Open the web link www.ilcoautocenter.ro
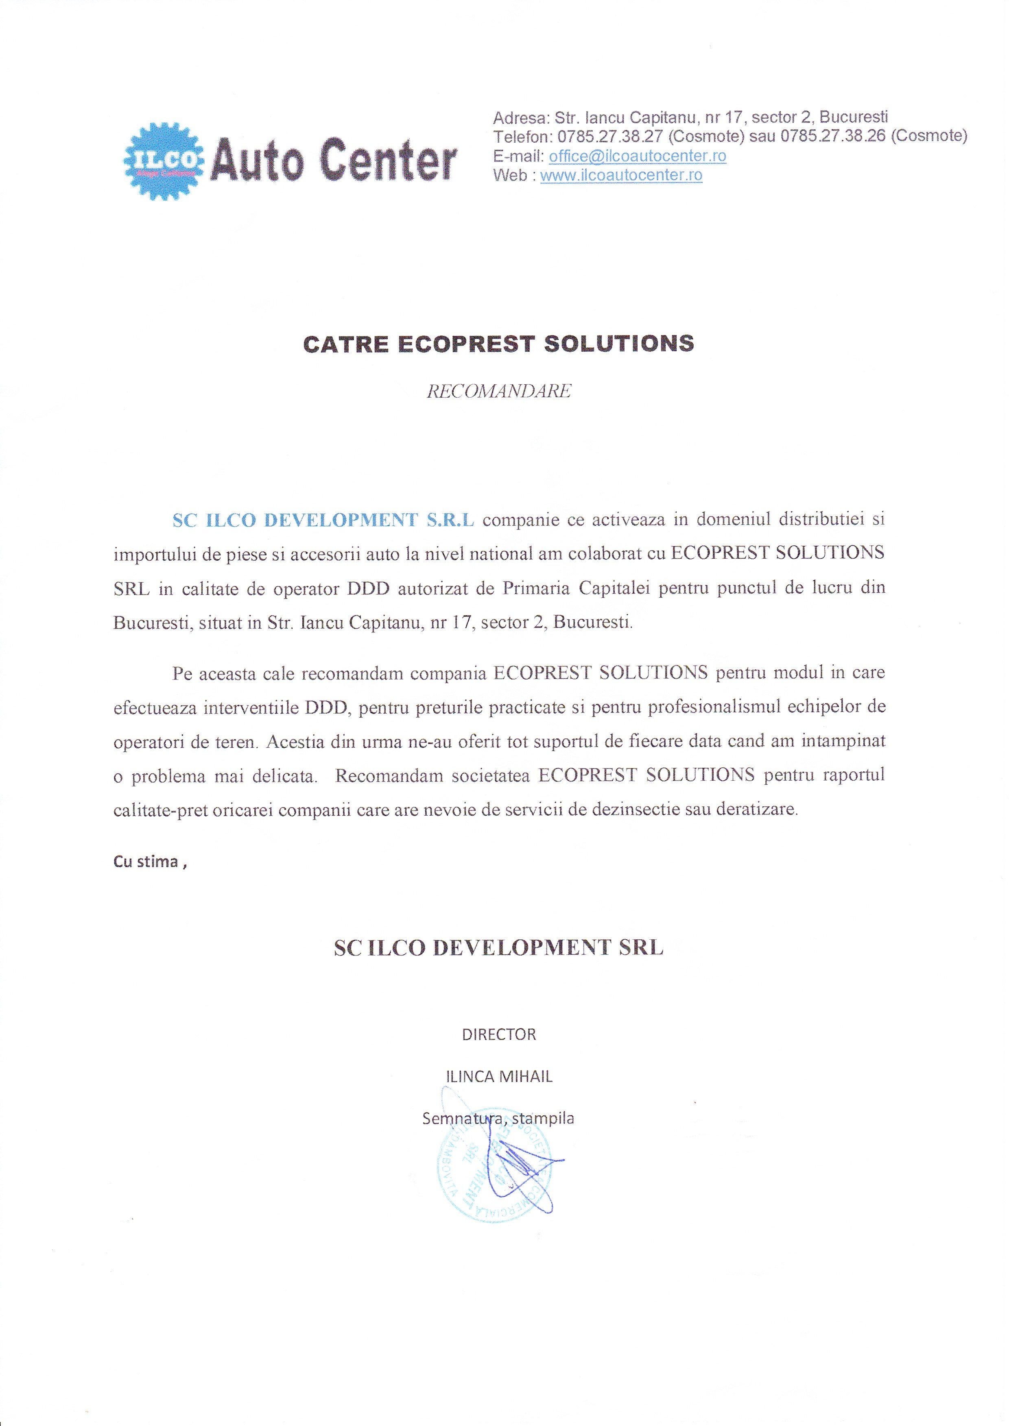click(621, 175)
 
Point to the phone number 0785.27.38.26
click(832, 136)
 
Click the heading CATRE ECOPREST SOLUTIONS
click(498, 344)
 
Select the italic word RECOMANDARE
click(499, 391)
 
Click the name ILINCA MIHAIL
click(499, 1076)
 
